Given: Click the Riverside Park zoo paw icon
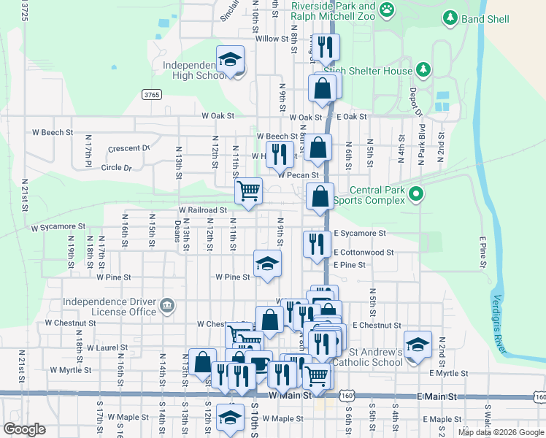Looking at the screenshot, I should tap(387, 9).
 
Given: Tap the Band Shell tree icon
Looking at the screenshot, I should tap(451, 17).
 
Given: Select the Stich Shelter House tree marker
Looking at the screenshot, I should tap(423, 70).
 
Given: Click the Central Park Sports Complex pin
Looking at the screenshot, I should tap(416, 194).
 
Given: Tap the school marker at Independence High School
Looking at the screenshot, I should tap(231, 59).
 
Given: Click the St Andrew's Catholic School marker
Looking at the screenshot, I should tap(418, 345).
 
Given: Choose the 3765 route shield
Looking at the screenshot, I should tap(151, 95).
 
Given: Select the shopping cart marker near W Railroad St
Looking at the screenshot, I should tap(248, 191).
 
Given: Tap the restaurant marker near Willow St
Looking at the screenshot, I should tap(325, 47).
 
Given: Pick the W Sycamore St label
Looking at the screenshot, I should tap(58, 228).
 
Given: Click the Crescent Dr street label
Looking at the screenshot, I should tap(128, 148).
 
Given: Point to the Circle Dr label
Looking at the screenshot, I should tap(117, 167).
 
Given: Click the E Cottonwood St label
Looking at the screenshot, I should tap(364, 252).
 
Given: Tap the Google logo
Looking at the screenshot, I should tap(24, 429).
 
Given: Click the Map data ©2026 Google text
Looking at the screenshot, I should tap(501, 432).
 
